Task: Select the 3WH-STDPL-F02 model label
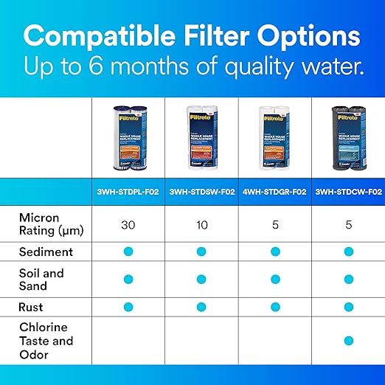tap(128, 192)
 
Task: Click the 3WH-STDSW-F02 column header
tap(201, 192)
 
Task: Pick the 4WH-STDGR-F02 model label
tap(274, 192)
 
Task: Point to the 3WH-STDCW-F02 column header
tap(347, 192)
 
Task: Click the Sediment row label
tap(46, 252)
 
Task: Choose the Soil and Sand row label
tap(42, 279)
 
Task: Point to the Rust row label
tap(31, 306)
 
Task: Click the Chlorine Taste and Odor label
tap(46, 341)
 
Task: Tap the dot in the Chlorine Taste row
tap(347, 340)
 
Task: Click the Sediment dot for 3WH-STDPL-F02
tap(128, 252)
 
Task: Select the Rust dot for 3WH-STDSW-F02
tap(201, 306)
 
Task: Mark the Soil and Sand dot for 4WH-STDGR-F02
tap(274, 279)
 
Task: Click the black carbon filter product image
tap(347, 139)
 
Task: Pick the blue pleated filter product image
tap(128, 139)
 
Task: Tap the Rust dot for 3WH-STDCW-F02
tap(347, 306)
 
